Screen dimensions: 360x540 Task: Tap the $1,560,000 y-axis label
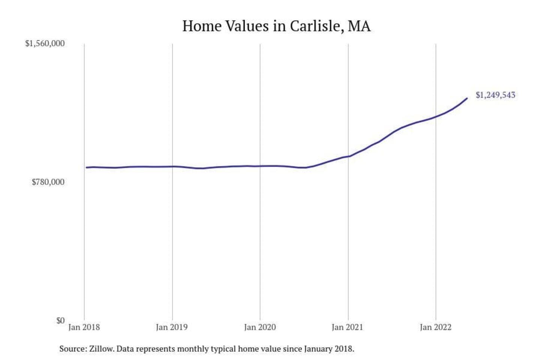tap(45, 43)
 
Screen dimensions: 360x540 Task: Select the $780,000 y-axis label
tap(48, 182)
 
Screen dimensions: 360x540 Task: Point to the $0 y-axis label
tap(60, 321)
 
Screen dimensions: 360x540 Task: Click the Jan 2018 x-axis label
tap(84, 327)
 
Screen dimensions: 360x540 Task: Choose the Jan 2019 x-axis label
tap(172, 327)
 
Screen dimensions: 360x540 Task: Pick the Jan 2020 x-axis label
tap(260, 327)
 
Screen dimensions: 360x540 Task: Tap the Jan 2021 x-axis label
tap(348, 327)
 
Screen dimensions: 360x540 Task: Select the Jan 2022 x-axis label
tap(436, 327)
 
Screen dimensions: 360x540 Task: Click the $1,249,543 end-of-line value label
tap(495, 95)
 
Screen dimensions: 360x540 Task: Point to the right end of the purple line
tap(467, 98)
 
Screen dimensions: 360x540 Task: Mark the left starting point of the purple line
tap(86, 167)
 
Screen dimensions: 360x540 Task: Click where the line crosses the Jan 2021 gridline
tap(348, 156)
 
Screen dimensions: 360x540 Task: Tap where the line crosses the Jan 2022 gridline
tap(436, 117)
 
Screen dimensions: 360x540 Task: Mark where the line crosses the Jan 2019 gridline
tap(172, 166)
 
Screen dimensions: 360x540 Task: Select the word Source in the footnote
tap(72, 349)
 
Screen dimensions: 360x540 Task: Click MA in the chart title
tap(359, 26)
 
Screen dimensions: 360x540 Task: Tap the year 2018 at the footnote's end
tap(344, 349)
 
